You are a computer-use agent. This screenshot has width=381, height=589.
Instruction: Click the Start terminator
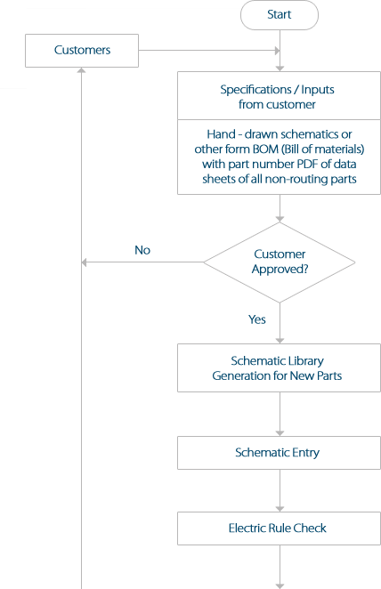pos(279,15)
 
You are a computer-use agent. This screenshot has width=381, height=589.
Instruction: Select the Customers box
pos(82,50)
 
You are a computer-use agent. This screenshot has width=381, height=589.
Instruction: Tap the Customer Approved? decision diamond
pos(280,262)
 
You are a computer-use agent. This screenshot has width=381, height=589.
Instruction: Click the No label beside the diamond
pos(142,250)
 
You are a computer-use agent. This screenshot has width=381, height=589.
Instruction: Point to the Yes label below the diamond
pos(257,319)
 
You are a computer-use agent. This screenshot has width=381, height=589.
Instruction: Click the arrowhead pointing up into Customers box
pos(82,70)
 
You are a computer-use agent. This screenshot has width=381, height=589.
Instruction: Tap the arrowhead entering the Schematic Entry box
pos(280,432)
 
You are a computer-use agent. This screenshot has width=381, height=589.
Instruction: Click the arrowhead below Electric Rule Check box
pos(280,585)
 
